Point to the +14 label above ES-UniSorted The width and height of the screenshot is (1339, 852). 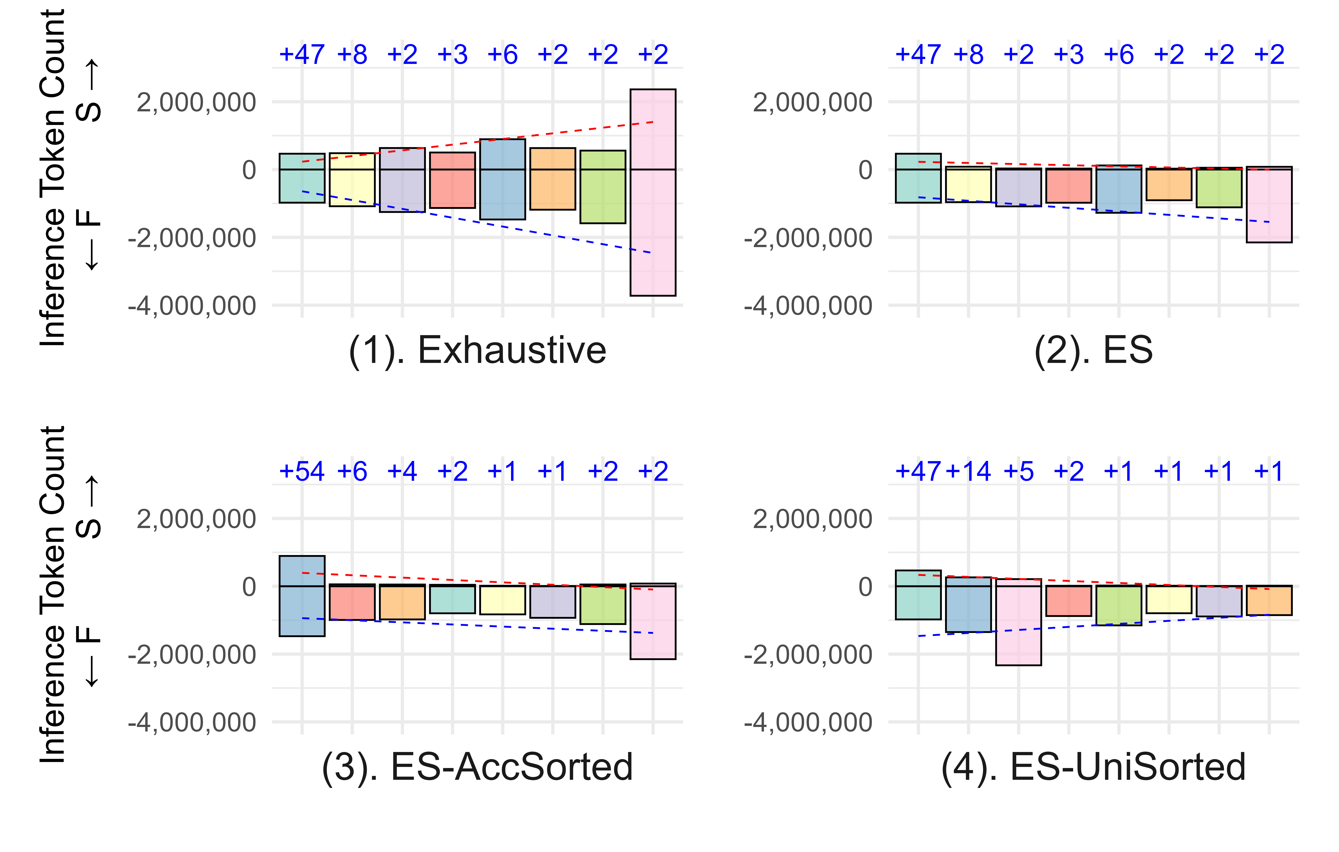pos(968,472)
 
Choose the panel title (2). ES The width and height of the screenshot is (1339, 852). pos(1093,350)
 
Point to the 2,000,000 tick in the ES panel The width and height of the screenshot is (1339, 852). pos(812,102)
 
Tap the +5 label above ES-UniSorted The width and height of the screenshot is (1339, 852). pos(1018,472)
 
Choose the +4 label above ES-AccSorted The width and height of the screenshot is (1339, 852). pos(402,472)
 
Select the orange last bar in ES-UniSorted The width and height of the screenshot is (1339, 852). pos(1269,600)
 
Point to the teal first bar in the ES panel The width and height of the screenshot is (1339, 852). pos(918,178)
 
